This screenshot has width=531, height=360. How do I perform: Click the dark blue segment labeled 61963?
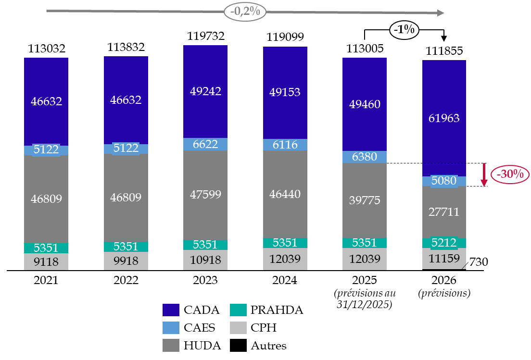(x=444, y=118)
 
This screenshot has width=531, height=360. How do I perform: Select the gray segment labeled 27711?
(x=444, y=212)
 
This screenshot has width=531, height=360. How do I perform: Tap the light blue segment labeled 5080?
(x=444, y=181)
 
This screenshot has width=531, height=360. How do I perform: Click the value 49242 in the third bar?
(x=205, y=91)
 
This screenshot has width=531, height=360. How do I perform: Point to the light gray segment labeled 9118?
(x=46, y=261)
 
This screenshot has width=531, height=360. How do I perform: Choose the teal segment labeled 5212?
(x=444, y=243)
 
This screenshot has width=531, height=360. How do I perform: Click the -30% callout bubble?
(x=510, y=174)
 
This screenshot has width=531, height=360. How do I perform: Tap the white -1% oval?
(x=404, y=30)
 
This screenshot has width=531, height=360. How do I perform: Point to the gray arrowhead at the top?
(x=440, y=13)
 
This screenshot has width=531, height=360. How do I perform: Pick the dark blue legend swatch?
(x=171, y=310)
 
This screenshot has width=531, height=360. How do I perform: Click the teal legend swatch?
(x=238, y=310)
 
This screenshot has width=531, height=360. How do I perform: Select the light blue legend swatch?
(x=171, y=328)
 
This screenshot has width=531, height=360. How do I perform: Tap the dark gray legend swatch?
(x=171, y=345)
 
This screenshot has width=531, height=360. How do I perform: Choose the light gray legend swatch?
(x=238, y=328)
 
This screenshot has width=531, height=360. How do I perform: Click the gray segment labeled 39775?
(x=365, y=200)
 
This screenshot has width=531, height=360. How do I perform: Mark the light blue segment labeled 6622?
(x=205, y=144)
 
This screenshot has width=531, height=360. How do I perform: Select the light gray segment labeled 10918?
(x=205, y=260)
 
